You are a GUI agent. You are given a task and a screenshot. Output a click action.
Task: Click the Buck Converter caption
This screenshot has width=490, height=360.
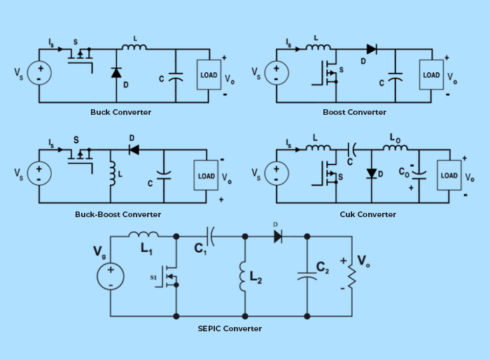[120, 112]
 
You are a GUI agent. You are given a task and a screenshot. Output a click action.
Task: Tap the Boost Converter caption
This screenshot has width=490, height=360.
[354, 112]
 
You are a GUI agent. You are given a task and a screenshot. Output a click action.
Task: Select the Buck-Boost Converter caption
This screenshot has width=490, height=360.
[118, 214]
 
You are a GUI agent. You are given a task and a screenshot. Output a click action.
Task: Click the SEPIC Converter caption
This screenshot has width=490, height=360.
[230, 328]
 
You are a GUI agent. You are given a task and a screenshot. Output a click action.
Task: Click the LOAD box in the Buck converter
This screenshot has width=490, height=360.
[209, 75]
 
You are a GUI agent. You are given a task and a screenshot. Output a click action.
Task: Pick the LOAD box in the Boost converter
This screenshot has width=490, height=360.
[431, 75]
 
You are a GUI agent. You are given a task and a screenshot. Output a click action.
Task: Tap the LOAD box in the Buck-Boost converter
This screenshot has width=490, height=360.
[206, 176]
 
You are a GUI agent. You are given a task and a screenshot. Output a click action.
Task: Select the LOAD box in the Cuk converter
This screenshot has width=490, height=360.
[448, 176]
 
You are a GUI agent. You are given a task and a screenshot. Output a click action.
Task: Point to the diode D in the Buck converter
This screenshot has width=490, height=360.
[116, 72]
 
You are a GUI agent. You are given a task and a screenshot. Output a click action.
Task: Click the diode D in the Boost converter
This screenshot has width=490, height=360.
[371, 49]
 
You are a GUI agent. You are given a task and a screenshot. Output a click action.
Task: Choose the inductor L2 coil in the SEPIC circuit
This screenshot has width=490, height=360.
[244, 276]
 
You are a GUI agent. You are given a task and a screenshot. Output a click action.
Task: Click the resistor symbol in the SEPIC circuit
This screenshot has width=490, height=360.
[352, 275]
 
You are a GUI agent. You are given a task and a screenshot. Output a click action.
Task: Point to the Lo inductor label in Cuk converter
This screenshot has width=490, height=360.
[395, 139]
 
